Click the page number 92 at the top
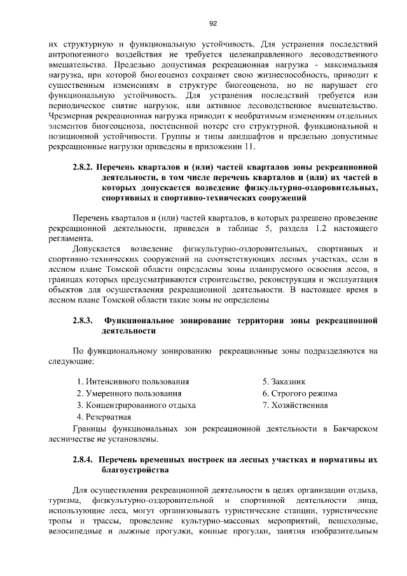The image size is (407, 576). click(213, 24)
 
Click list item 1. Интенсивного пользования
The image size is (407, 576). click(132, 382)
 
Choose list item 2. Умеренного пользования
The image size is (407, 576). click(128, 393)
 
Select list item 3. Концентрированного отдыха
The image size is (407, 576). click(136, 405)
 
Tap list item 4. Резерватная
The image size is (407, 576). click(104, 417)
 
